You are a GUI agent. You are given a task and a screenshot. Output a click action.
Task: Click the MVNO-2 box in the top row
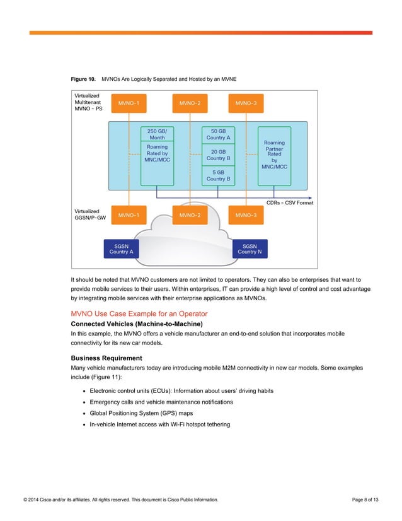[x=190, y=103]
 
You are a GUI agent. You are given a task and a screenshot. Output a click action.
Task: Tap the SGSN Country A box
[x=121, y=249]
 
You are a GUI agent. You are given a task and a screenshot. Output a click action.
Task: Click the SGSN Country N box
[x=250, y=249]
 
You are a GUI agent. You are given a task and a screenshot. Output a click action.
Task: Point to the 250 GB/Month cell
[x=157, y=134]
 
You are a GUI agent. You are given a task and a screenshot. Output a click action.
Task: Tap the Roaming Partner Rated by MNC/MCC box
[x=274, y=155]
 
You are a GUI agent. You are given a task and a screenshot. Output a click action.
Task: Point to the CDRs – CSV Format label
[x=290, y=202]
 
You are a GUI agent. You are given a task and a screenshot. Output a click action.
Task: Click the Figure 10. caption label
[x=83, y=79]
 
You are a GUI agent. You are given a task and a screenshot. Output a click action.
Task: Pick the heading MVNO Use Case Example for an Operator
[x=139, y=313]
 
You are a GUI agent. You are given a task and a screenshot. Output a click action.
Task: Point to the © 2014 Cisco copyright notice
[x=121, y=500]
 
